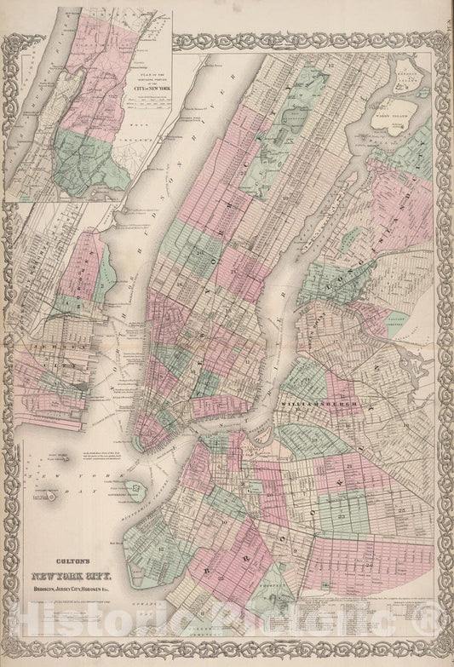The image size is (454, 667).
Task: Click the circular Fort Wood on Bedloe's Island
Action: (x=52, y=494)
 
